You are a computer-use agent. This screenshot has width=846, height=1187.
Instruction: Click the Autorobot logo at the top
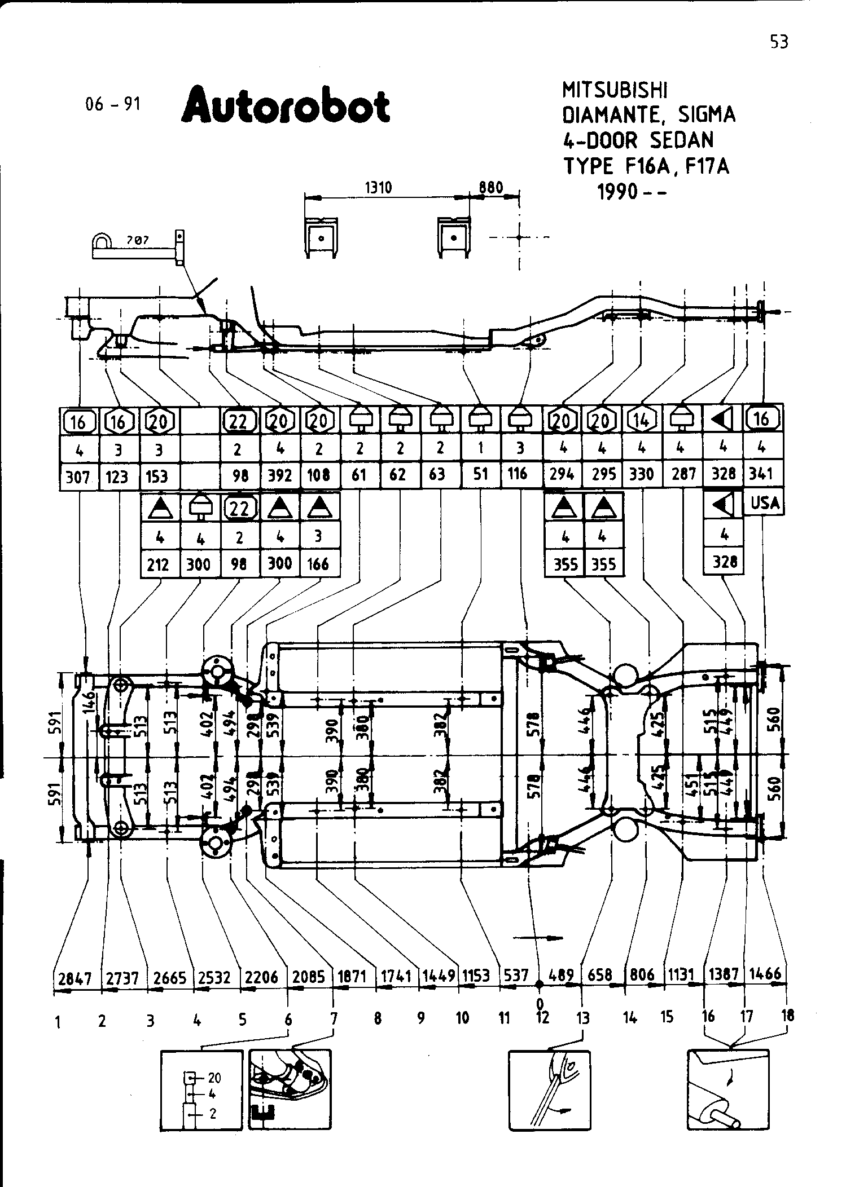point(286,105)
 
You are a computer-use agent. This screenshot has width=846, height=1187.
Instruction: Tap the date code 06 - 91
point(113,104)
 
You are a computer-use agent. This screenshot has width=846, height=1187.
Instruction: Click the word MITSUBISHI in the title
point(615,90)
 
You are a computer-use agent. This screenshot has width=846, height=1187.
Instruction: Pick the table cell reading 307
point(78,477)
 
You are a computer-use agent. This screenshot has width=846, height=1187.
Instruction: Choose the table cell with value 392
point(280,475)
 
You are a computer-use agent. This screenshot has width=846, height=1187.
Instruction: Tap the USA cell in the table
point(765,503)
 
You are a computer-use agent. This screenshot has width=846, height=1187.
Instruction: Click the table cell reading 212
point(158,564)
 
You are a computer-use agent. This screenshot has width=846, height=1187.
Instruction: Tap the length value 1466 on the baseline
point(766,974)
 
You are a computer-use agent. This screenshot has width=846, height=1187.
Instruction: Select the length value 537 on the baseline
point(516,976)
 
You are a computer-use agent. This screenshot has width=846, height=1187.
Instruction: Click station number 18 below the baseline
point(788,1016)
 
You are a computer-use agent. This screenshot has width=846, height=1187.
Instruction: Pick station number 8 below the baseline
point(378,1018)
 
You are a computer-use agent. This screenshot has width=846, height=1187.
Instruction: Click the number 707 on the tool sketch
point(137,240)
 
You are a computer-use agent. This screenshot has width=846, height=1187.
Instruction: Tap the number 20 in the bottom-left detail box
point(214,1078)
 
